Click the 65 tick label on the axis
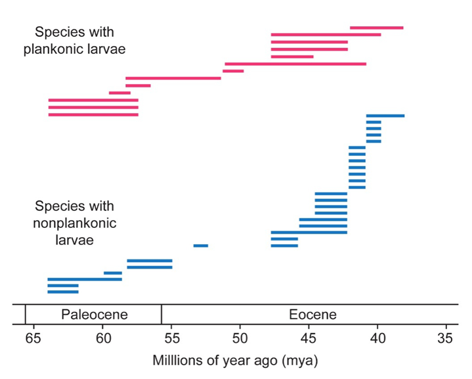(x=33, y=338)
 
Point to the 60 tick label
(x=102, y=338)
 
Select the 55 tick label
(x=171, y=338)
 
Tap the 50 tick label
(x=240, y=338)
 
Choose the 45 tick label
(x=309, y=338)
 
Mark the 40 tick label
(x=377, y=338)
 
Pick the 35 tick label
(x=446, y=338)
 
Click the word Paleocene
(x=94, y=315)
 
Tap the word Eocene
(x=312, y=315)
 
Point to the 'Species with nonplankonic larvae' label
(x=74, y=223)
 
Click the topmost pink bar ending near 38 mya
(x=376, y=28)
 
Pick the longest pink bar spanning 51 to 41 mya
(x=295, y=64)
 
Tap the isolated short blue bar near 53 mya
(x=201, y=246)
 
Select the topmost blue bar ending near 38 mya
(x=385, y=116)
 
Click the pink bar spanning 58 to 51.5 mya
(x=173, y=78)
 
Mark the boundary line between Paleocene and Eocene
(x=161, y=315)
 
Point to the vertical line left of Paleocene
(x=25, y=315)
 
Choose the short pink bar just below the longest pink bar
(x=233, y=71)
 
